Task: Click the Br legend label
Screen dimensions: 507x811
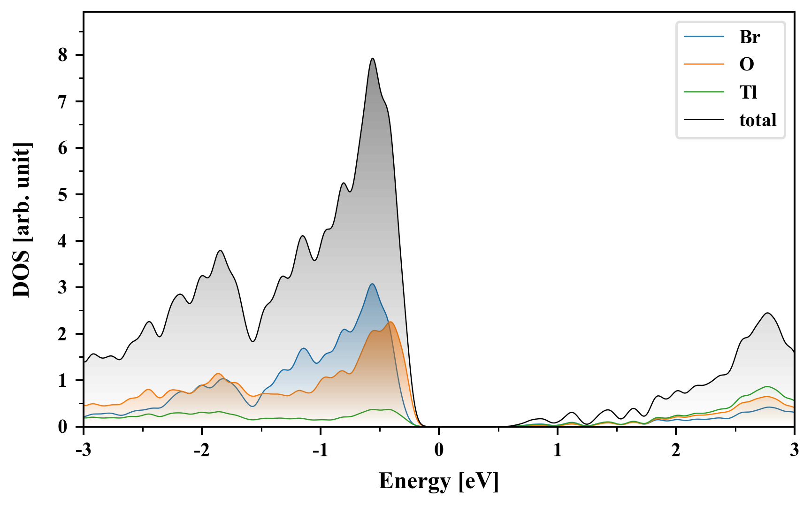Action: [x=750, y=37]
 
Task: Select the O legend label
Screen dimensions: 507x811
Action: [x=747, y=64]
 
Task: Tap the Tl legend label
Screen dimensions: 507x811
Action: [x=749, y=92]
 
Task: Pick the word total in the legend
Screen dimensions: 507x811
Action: [x=758, y=120]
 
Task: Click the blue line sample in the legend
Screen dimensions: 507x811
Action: [x=704, y=37]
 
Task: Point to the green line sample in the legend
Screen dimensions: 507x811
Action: [x=704, y=92]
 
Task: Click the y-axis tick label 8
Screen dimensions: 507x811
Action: [x=63, y=55]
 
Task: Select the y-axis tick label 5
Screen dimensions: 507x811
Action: [x=63, y=194]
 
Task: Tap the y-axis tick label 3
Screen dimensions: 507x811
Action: [x=63, y=287]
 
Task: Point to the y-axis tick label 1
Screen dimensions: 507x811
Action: [x=63, y=380]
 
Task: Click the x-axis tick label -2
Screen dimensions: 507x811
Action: [x=201, y=450]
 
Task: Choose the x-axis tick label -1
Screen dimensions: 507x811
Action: [x=320, y=450]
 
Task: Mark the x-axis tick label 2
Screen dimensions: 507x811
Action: [x=676, y=450]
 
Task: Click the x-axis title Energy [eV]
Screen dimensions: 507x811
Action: [x=439, y=481]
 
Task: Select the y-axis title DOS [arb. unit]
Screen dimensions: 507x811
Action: [x=22, y=220]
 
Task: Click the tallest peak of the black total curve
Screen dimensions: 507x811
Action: [x=373, y=59]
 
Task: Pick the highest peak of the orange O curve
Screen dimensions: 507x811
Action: [x=390, y=322]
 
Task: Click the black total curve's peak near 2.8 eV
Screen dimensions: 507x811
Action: [x=768, y=313]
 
